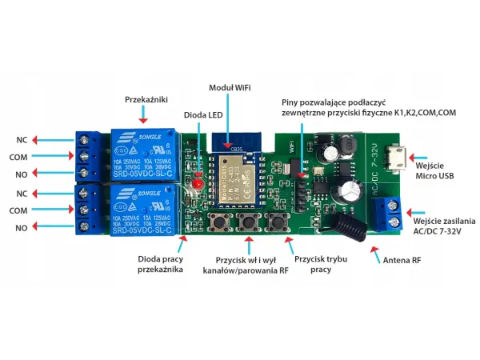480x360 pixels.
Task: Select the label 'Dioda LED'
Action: coord(203,115)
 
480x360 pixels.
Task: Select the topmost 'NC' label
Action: coord(22,140)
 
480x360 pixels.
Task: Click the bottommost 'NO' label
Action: coord(22,228)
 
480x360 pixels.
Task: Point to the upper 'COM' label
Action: coord(19,157)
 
